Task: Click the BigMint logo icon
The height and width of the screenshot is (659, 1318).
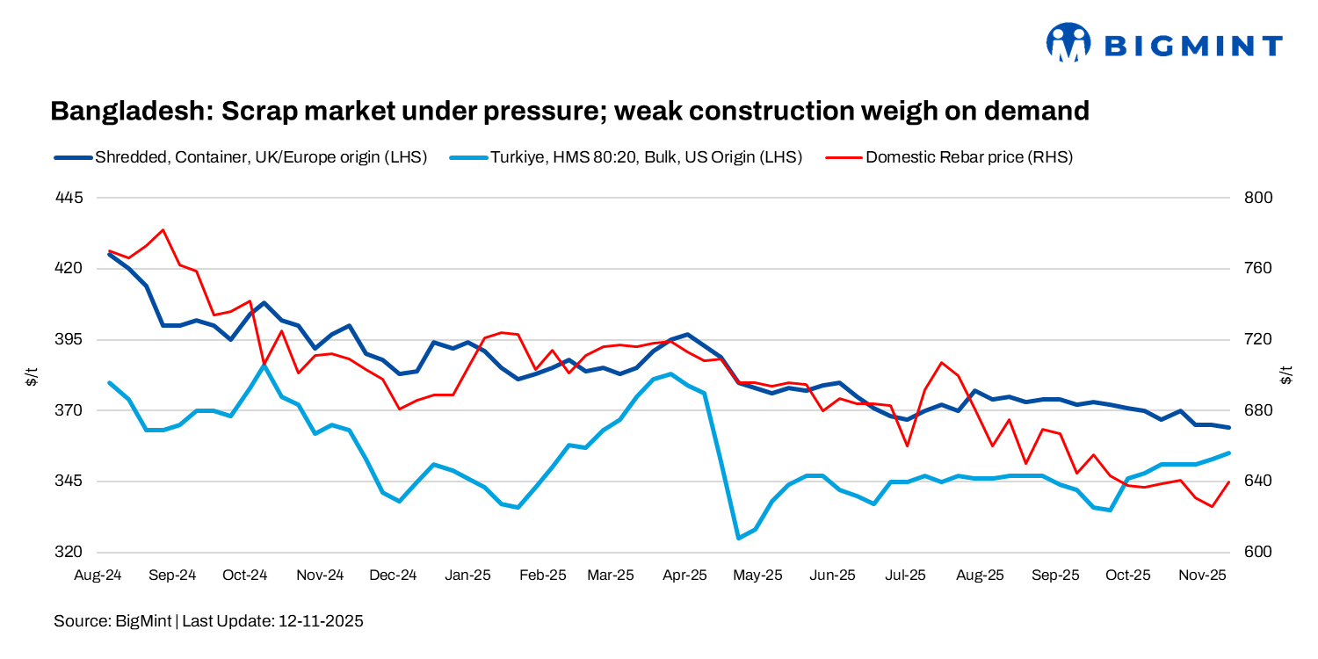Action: [x=1068, y=42]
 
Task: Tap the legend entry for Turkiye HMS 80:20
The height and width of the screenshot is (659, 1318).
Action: [x=646, y=157]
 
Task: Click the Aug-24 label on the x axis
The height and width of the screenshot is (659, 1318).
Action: [x=98, y=576]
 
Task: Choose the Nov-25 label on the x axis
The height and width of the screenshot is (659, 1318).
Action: [x=1201, y=576]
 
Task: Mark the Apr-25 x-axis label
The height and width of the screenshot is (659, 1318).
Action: [x=684, y=576]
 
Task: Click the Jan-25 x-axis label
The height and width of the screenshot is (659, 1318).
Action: [x=467, y=576]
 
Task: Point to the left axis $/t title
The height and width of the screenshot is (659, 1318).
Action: [x=32, y=376]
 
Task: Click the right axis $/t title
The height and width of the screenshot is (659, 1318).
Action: [x=1286, y=376]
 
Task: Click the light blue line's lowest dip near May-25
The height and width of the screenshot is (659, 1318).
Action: [x=739, y=538]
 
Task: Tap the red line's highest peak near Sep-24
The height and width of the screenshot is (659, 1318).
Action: [x=163, y=230]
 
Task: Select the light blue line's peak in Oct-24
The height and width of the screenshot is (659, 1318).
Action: [x=264, y=366]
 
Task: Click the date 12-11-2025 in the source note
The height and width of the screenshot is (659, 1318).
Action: [x=321, y=621]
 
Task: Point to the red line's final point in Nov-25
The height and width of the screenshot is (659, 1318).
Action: [x=1228, y=482]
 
